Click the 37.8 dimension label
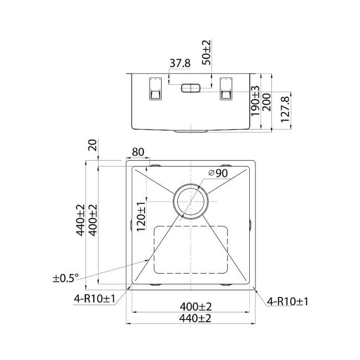point(180,64)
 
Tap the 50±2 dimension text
point(207,53)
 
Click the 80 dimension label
point(138,152)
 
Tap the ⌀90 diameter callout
point(218,173)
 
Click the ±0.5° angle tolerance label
point(66,277)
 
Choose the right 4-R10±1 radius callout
point(287,301)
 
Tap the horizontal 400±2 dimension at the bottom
point(191,306)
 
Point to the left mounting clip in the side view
point(154,89)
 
